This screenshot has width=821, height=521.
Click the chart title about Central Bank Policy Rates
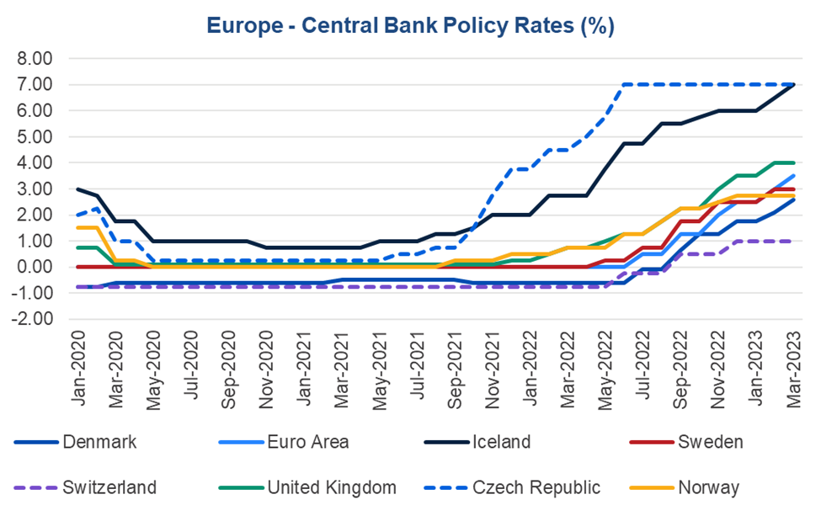410,26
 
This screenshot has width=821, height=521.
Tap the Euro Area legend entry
307,442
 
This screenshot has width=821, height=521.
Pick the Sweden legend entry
712,442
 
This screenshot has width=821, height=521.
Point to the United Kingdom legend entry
332,486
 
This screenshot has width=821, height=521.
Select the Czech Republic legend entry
536,486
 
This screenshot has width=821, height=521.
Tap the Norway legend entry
709,486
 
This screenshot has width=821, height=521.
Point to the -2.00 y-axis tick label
33,319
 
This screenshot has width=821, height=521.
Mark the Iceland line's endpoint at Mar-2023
795,85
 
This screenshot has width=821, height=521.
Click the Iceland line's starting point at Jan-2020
78,189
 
